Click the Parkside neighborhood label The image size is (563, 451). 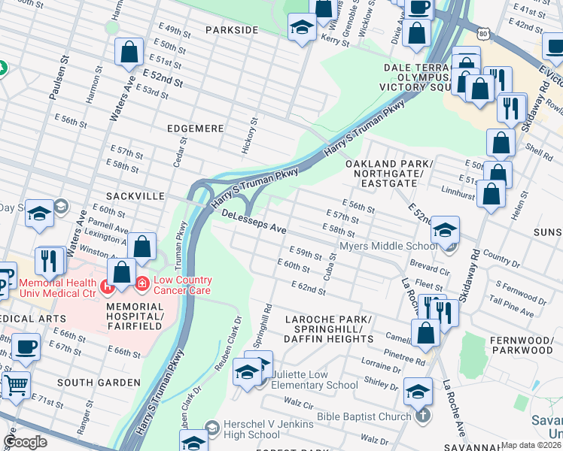click(x=233, y=30)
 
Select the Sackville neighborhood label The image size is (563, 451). click(x=135, y=195)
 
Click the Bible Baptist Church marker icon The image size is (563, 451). click(x=424, y=416)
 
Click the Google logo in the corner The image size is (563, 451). click(x=25, y=442)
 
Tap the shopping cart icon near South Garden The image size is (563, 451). click(x=15, y=385)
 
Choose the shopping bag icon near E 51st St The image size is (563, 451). click(x=129, y=52)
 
